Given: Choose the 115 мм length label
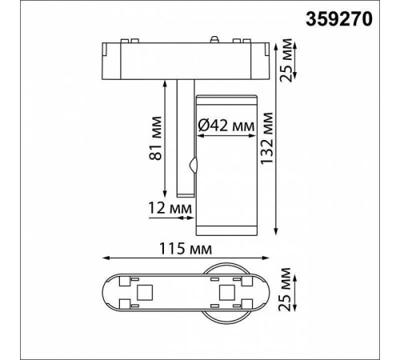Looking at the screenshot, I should (186, 249).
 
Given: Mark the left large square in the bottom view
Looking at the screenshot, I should (147, 292).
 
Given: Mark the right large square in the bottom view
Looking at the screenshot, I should (226, 292).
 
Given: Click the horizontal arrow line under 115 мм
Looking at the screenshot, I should (187, 258).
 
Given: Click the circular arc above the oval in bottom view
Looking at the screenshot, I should (228, 266).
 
